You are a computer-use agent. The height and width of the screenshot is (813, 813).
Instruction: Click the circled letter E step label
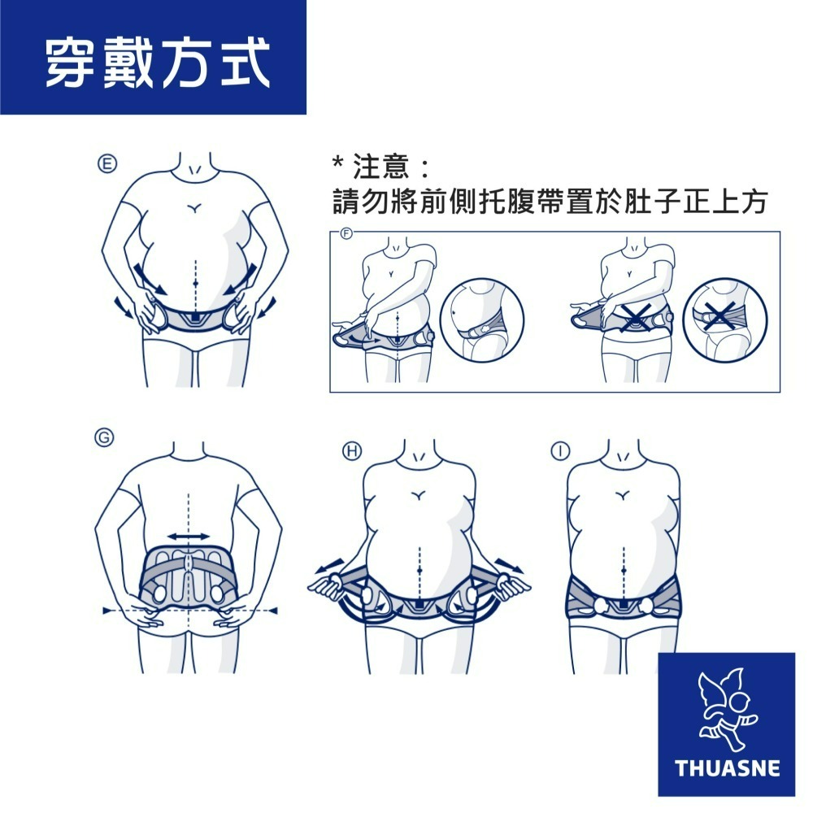[x=107, y=164]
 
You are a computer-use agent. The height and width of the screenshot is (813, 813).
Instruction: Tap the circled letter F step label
[x=346, y=234]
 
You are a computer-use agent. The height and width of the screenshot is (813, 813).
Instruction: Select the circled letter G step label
[x=104, y=437]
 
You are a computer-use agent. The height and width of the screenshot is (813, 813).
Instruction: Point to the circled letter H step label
[x=352, y=451]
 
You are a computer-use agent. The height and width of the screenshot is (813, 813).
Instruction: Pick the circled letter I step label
[x=560, y=451]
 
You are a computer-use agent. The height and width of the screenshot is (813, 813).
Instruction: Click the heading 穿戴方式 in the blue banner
[x=159, y=63]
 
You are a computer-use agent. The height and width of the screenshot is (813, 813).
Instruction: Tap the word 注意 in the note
[x=381, y=166]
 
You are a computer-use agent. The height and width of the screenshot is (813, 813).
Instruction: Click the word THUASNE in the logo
[x=728, y=768]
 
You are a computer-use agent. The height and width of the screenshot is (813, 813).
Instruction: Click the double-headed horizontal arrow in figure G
[x=189, y=536]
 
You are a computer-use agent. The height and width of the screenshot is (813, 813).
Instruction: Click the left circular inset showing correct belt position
[x=482, y=320]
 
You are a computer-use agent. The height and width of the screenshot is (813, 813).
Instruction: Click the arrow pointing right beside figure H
[x=510, y=566]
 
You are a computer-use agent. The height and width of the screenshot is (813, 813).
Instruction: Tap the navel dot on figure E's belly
[x=195, y=283]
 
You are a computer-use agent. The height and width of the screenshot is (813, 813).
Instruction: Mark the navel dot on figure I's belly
[x=624, y=571]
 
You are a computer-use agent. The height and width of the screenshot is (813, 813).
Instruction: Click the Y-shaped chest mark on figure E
[x=194, y=208]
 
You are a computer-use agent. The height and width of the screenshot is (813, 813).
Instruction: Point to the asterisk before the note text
[x=337, y=163]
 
